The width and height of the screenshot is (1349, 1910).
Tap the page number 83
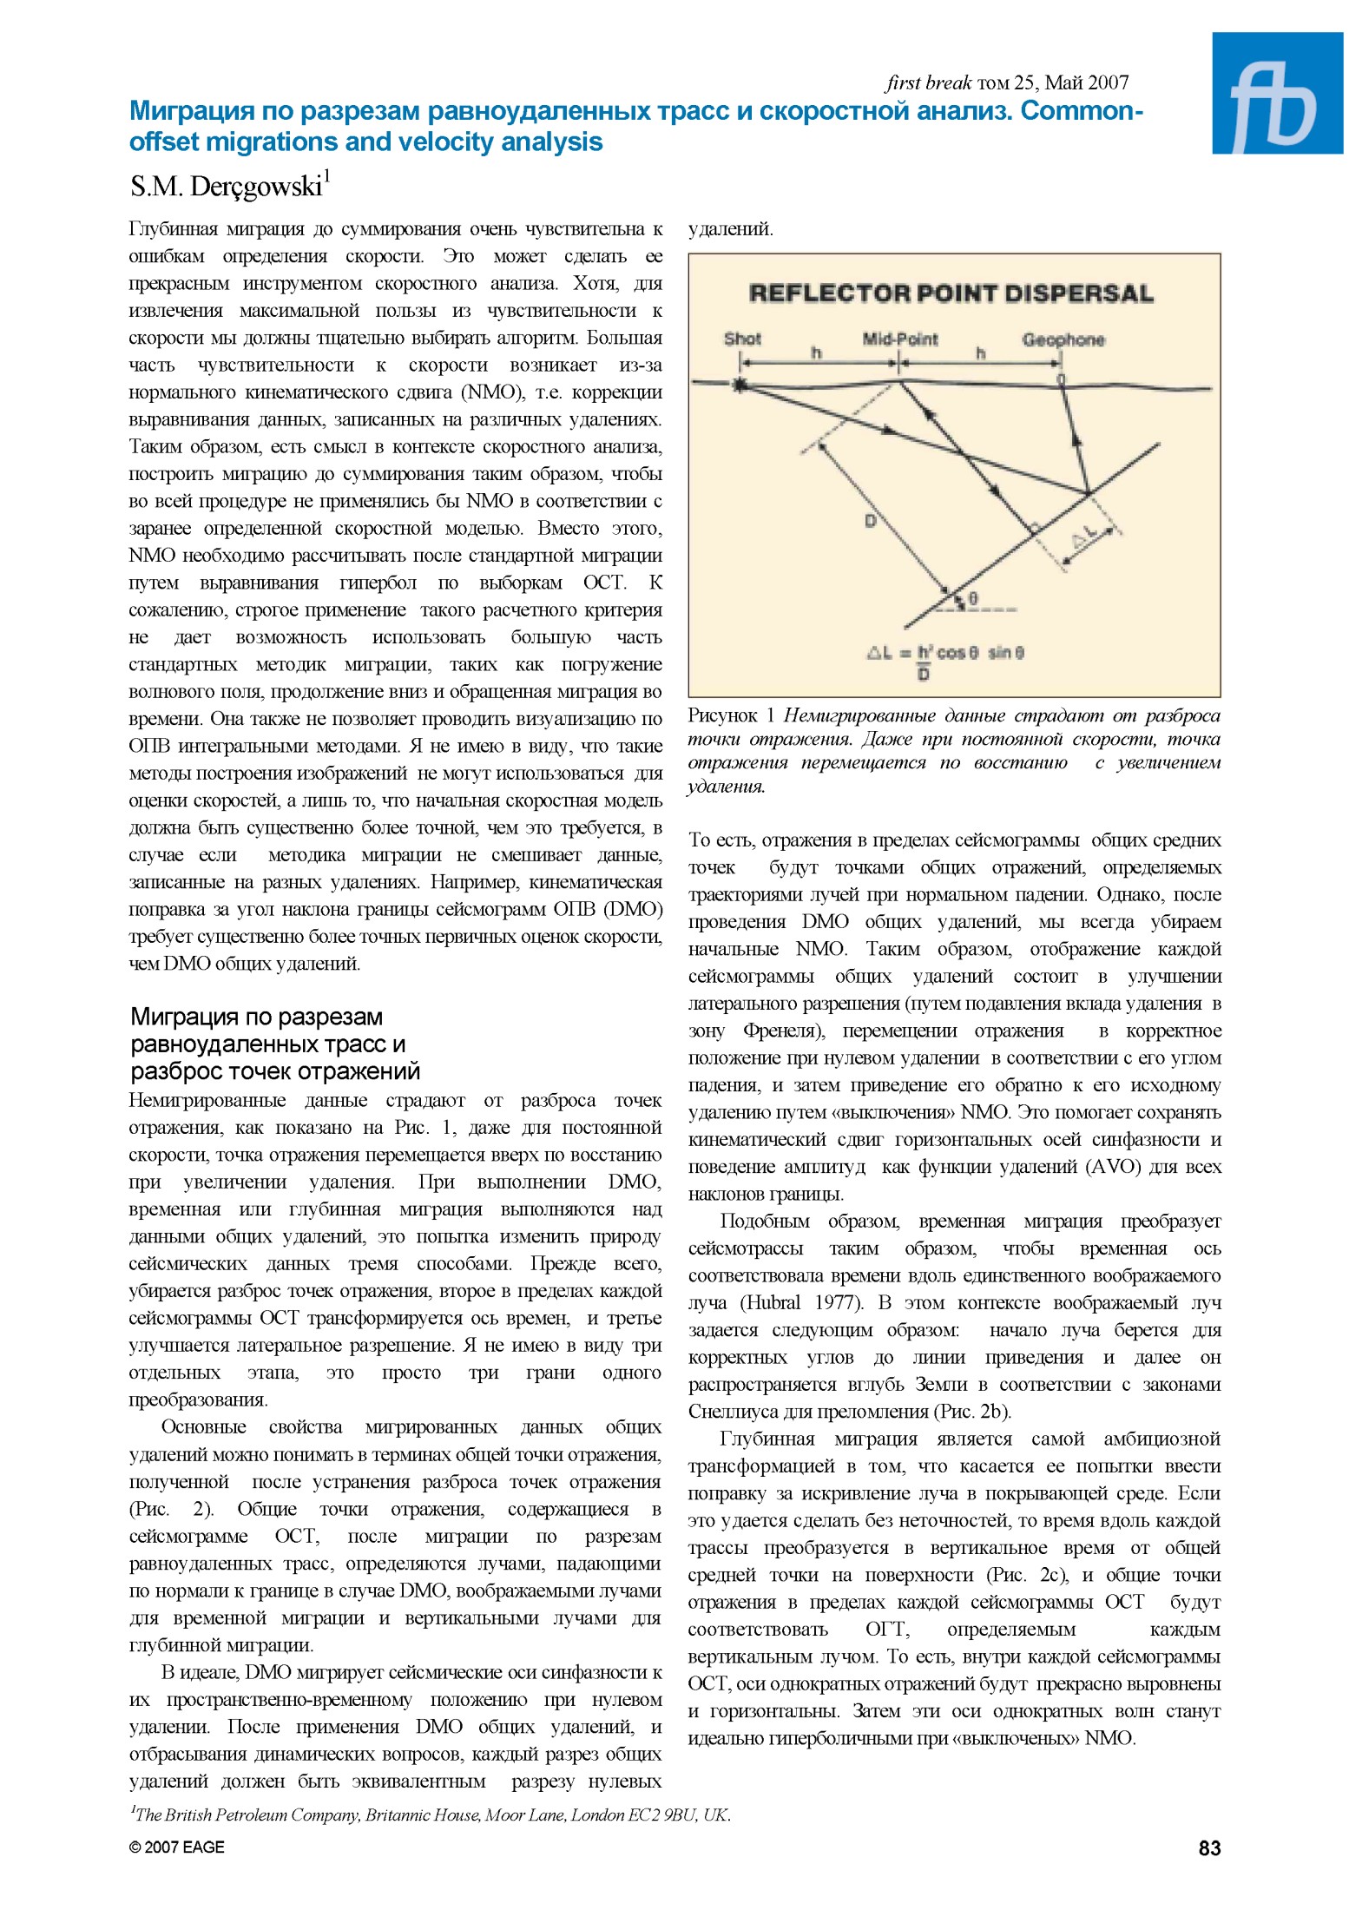tap(1208, 1847)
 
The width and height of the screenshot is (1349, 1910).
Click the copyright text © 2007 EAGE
tap(176, 1847)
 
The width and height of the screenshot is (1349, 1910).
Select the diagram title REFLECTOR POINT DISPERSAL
tap(951, 293)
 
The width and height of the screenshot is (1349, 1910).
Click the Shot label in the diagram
tap(742, 339)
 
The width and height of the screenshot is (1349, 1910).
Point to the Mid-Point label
tap(899, 339)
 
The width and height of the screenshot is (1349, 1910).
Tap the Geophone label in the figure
tap(1063, 339)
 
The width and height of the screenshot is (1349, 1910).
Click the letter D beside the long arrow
tap(870, 521)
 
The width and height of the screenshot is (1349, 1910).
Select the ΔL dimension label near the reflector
tap(1084, 539)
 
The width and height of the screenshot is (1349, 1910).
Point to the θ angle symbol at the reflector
tap(973, 599)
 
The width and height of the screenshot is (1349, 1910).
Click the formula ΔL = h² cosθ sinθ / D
tap(946, 657)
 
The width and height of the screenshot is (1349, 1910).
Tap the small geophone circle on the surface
tap(1060, 379)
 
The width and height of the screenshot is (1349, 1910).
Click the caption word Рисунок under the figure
tap(722, 715)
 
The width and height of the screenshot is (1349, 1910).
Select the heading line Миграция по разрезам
tap(256, 1017)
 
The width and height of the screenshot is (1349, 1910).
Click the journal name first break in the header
tap(928, 82)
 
